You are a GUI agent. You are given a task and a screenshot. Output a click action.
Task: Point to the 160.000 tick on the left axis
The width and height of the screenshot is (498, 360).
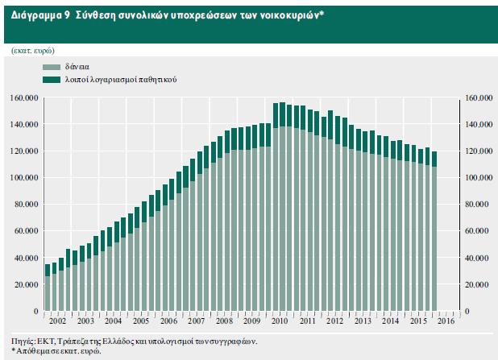[x=26, y=98]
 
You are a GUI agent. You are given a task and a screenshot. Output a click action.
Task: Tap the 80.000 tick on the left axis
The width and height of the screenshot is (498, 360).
[x=28, y=205]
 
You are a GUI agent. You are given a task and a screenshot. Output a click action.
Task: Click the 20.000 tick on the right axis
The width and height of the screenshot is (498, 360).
[x=478, y=284]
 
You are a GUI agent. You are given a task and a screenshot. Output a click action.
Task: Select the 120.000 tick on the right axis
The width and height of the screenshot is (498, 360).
[x=478, y=151]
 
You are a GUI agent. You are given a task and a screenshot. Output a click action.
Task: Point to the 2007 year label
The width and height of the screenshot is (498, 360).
[x=196, y=320]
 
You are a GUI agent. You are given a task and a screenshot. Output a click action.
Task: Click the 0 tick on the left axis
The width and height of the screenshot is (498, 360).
[x=38, y=311]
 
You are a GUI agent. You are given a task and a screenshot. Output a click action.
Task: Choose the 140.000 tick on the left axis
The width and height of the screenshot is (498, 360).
[x=26, y=125]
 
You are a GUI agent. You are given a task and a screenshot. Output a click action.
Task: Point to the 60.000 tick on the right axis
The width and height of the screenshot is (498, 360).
[x=478, y=231]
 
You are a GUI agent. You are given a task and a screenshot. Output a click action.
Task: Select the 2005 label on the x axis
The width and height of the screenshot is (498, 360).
[x=139, y=320]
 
